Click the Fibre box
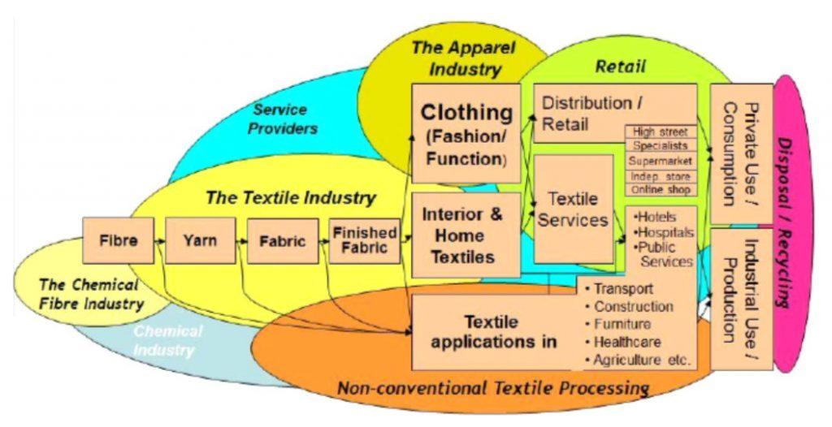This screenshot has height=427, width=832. (x=118, y=240)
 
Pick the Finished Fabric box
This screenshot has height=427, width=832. (x=365, y=240)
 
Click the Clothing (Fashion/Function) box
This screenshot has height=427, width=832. (x=466, y=133)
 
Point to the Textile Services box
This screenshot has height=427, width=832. (x=573, y=209)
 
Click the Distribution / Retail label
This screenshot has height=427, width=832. (x=587, y=114)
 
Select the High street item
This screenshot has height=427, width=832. (x=660, y=132)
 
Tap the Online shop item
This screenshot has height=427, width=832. (x=660, y=190)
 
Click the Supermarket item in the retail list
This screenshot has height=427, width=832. (x=660, y=161)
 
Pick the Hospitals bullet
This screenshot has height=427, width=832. (x=665, y=232)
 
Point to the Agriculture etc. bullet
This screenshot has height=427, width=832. (x=638, y=360)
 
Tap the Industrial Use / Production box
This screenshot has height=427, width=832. (x=741, y=298)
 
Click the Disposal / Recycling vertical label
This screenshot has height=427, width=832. (x=783, y=221)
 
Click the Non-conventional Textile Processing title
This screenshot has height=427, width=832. (x=492, y=386)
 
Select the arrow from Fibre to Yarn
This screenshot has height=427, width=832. (x=159, y=241)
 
